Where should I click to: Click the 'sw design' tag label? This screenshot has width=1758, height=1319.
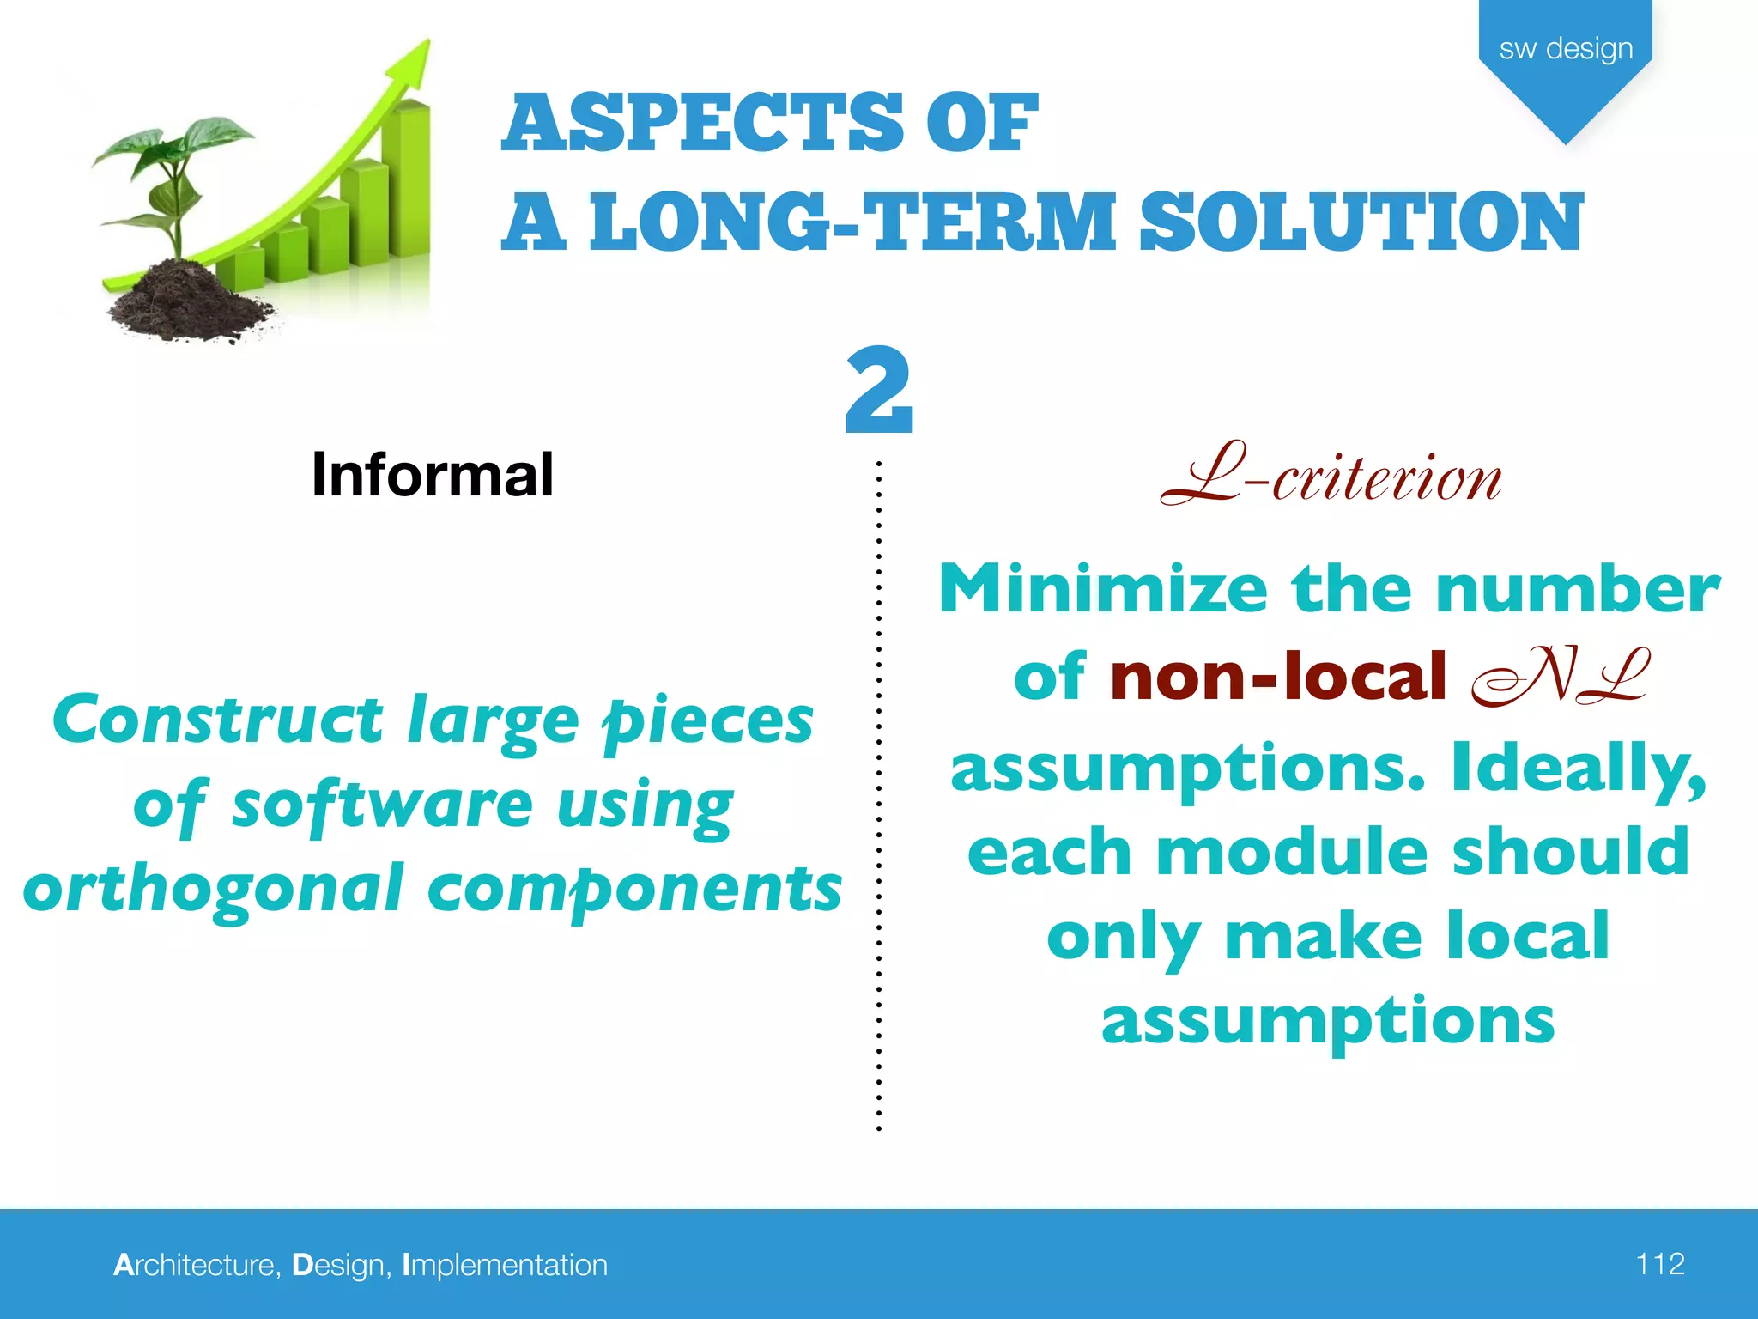[1566, 49]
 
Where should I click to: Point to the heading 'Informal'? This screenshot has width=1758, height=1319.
[432, 475]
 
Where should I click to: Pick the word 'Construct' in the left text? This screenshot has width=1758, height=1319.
[217, 720]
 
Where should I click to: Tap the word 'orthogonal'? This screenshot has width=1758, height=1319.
[213, 889]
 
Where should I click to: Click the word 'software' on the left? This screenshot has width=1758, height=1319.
[383, 805]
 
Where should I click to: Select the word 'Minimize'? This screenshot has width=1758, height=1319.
[1103, 589]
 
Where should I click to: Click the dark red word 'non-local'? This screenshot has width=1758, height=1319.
[1278, 677]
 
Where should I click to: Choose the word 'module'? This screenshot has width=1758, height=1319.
[1293, 852]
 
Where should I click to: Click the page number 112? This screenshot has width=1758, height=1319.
[1659, 1264]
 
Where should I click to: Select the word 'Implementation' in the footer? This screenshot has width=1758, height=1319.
[505, 1265]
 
